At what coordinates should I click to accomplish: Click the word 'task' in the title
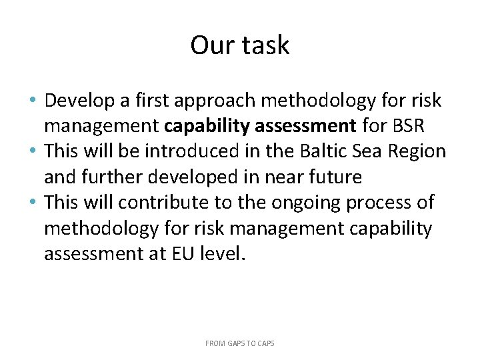click(265, 45)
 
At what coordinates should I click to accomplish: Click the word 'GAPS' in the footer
click(235, 343)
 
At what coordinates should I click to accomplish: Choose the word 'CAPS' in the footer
click(264, 343)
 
